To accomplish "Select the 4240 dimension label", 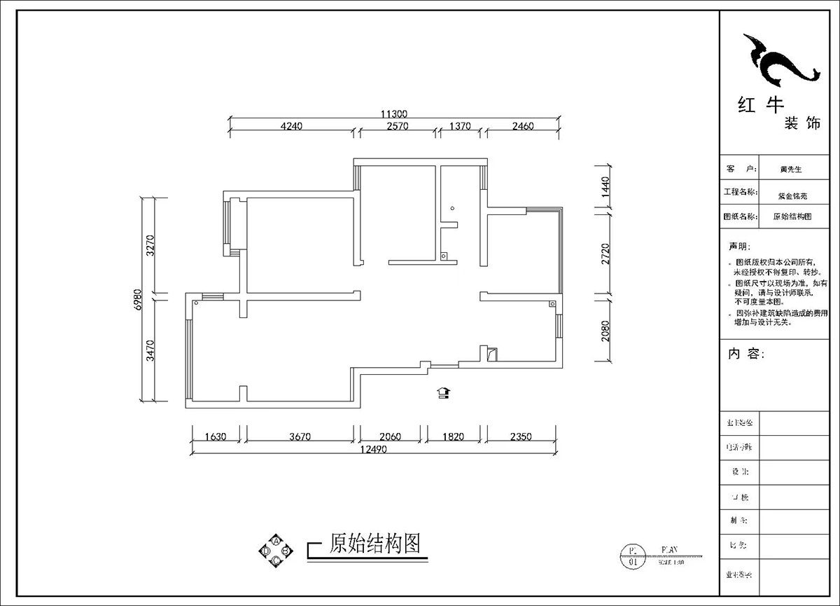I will [x=290, y=127].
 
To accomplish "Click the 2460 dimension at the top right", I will [x=522, y=127].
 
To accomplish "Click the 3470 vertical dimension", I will [x=149, y=348].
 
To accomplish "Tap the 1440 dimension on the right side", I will [x=605, y=188].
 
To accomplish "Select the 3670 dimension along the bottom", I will [x=299, y=436].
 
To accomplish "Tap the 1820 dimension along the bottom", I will [x=453, y=436].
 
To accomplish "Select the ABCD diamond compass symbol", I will [x=276, y=551].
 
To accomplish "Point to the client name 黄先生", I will [x=790, y=170].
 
